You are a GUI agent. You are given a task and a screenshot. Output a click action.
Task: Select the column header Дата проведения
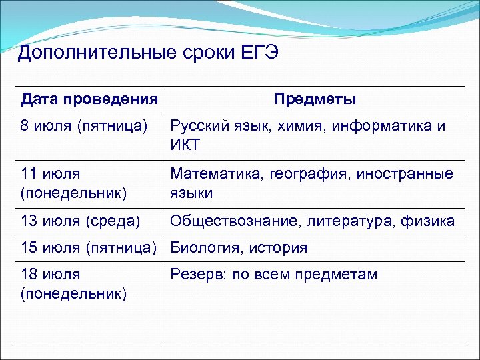pyautogui.click(x=89, y=99)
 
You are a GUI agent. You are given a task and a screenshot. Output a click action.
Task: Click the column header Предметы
pyautogui.click(x=315, y=99)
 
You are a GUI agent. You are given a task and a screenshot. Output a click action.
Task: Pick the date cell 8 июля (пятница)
pyautogui.click(x=84, y=126)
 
